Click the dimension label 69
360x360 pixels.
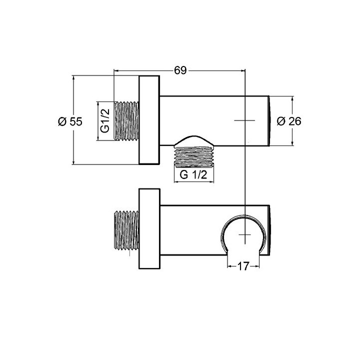point(180,70)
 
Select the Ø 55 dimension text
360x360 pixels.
point(70,121)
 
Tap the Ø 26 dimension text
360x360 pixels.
point(289,121)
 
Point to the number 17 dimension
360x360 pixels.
point(243,266)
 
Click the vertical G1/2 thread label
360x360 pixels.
point(105,121)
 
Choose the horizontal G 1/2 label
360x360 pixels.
point(193,175)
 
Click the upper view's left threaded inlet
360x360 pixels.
point(126,121)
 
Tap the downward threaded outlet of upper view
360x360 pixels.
point(194,156)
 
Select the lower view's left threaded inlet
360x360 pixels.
point(126,230)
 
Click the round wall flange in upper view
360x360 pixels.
point(149,120)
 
